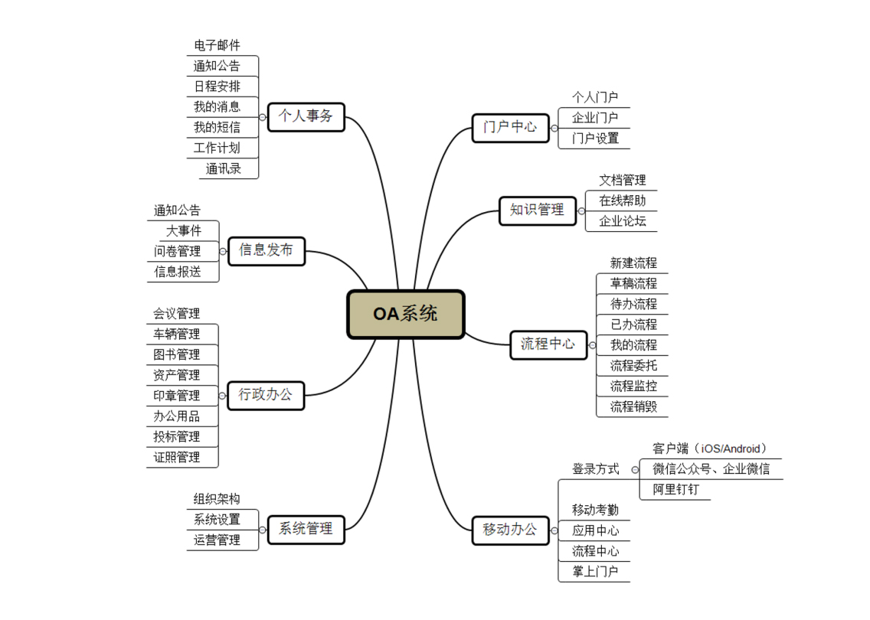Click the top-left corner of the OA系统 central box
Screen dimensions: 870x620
click(348, 291)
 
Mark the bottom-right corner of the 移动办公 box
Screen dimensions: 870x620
click(549, 544)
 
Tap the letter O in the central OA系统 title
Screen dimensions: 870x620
click(380, 315)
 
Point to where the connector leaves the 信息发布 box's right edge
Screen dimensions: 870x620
click(305, 251)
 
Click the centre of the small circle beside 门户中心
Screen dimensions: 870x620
click(554, 128)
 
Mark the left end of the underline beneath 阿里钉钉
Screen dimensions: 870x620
click(639, 500)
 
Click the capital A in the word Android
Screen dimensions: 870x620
click(726, 449)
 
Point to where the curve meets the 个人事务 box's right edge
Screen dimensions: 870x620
click(345, 117)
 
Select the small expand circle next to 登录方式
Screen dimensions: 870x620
click(635, 470)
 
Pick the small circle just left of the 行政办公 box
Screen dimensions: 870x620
click(223, 396)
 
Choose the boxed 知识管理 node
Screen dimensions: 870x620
click(537, 210)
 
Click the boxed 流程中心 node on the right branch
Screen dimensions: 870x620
click(548, 345)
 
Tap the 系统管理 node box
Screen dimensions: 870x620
click(306, 530)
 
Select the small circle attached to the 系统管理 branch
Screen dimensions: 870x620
click(263, 530)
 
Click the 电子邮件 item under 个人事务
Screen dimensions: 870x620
click(217, 45)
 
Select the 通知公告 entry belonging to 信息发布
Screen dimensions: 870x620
click(177, 210)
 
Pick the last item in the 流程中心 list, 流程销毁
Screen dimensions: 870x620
click(633, 407)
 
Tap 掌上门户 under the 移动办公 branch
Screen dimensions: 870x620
click(595, 572)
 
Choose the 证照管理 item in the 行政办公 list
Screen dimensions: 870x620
click(176, 458)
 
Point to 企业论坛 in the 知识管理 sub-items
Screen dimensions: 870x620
click(623, 221)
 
